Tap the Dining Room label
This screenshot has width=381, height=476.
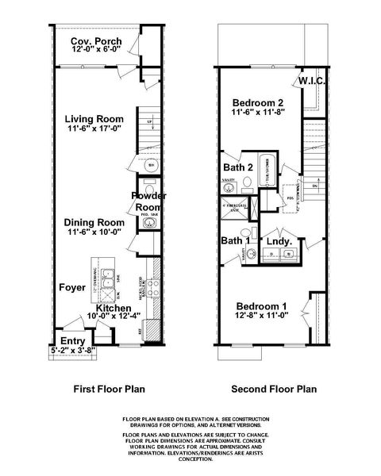tap(94, 222)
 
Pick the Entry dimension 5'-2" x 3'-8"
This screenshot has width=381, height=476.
tap(72, 348)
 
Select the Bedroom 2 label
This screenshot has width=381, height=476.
tap(258, 103)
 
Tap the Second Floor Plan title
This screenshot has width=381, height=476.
tap(274, 390)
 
